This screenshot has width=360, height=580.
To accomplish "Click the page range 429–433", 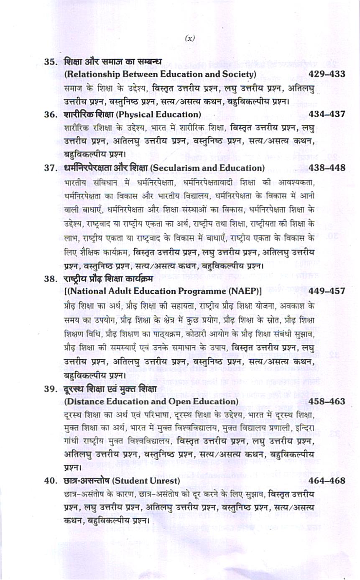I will click(326, 74).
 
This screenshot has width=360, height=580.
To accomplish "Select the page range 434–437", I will click(326, 114).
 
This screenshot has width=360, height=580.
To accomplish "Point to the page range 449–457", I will click(326, 291).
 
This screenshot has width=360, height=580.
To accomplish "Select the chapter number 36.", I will click(51, 115).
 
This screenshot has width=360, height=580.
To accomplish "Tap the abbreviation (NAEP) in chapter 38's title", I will click(241, 291).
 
